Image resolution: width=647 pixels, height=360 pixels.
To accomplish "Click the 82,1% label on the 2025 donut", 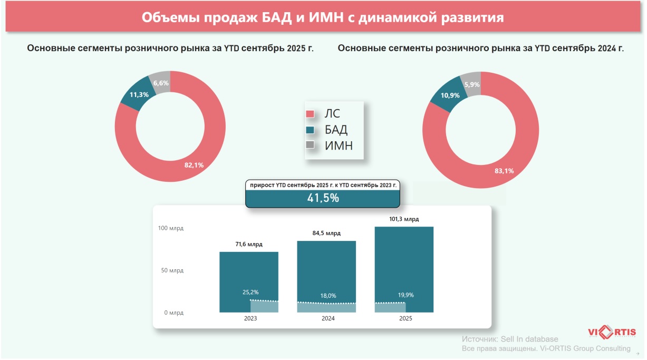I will tap(194, 165).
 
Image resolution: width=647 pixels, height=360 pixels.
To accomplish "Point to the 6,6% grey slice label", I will tap(161, 83).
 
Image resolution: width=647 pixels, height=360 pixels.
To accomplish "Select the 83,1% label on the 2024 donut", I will tap(504, 171).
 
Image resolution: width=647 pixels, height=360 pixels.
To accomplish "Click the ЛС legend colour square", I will tap(310, 114).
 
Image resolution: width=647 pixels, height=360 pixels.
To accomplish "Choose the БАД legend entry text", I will tap(336, 130).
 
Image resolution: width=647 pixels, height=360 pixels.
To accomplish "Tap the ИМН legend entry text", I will tap(339, 145).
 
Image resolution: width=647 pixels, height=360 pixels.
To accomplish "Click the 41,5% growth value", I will tap(323, 198).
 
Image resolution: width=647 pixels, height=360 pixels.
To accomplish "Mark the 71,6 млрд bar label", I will tap(248, 245).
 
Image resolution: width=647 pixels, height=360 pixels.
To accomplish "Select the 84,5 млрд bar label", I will tap(326, 233).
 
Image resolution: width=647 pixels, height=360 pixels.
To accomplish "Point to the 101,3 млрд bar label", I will tap(404, 219).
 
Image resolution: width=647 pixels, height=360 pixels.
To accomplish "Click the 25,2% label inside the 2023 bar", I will tap(250, 291).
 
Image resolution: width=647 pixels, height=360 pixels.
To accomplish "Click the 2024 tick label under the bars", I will tap(326, 318).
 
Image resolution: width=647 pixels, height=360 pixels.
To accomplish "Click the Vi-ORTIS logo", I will tap(612, 333).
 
